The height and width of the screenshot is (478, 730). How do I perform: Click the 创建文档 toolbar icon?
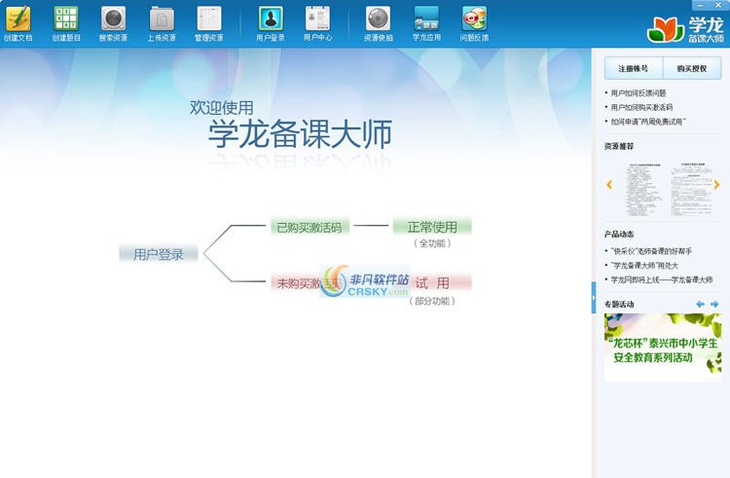[x=18, y=19]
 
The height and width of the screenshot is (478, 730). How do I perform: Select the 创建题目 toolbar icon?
[x=65, y=19]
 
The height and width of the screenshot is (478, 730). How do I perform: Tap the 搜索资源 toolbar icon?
[x=113, y=19]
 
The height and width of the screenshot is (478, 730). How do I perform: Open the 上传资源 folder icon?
[x=162, y=19]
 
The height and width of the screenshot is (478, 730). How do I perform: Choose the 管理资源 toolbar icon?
[x=209, y=19]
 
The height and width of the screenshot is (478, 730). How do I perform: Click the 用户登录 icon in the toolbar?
[x=271, y=19]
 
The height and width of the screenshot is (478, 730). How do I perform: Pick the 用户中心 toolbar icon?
[x=317, y=19]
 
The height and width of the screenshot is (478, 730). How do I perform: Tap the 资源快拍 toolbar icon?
[x=378, y=19]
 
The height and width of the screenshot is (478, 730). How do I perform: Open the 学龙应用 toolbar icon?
[x=426, y=19]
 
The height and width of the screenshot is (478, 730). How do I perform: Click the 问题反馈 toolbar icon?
[x=474, y=19]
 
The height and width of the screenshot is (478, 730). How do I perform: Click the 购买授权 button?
[x=691, y=68]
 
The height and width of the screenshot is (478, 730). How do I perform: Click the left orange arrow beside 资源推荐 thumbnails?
[x=609, y=184]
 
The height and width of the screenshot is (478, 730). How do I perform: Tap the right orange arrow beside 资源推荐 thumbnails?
[x=717, y=184]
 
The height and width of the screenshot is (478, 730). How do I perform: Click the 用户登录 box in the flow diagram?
[x=159, y=254]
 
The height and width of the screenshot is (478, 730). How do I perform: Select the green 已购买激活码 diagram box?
[x=309, y=227]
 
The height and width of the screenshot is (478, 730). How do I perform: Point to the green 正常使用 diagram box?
[x=431, y=227]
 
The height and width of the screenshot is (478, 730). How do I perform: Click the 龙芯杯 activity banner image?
[x=662, y=346]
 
